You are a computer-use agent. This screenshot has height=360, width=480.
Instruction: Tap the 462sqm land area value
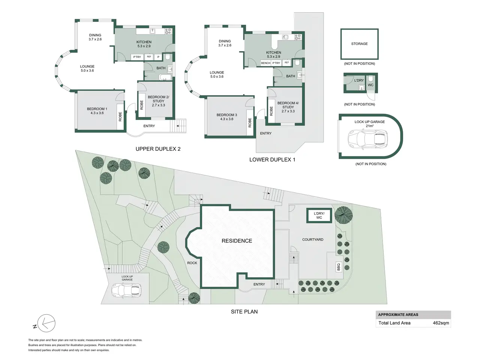[x=441, y=323]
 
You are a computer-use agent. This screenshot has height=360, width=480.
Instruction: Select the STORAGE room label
[x=359, y=44]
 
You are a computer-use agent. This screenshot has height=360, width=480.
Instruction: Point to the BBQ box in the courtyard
[x=339, y=267]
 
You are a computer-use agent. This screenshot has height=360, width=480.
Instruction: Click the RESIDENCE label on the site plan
[x=237, y=241]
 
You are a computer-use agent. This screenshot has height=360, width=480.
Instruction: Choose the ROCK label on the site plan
[x=192, y=263]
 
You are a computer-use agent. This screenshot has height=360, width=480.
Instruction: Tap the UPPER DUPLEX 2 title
[x=158, y=149]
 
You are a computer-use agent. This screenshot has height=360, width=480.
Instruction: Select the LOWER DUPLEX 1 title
[x=272, y=160]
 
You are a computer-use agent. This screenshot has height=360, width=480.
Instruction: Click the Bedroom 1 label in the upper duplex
[x=97, y=111]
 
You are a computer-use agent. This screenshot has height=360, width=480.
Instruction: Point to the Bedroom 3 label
[x=227, y=117]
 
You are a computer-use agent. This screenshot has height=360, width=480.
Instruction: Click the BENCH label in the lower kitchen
[x=266, y=63]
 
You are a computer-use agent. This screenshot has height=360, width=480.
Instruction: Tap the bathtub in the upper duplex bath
[x=165, y=77]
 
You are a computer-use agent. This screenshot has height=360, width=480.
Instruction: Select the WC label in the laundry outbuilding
[x=370, y=85]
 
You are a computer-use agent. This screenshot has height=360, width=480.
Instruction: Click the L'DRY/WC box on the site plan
[x=319, y=216]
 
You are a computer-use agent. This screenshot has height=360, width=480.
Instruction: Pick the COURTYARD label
[x=313, y=240]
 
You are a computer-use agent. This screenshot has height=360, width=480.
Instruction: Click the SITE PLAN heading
[x=244, y=312]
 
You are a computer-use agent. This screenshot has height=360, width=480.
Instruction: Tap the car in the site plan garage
[x=126, y=291]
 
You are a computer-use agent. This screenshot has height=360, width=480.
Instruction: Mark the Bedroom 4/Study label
[x=288, y=107]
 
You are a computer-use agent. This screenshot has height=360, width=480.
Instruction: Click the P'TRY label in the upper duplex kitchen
[x=137, y=57]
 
